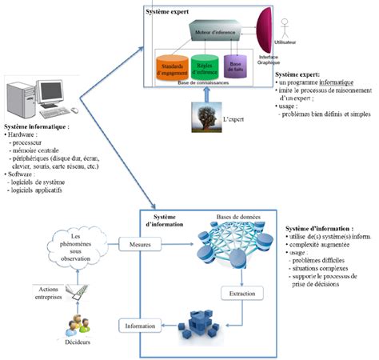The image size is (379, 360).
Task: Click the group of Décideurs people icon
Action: click(x=76, y=324)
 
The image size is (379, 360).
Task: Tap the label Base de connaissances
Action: click(x=205, y=84)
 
